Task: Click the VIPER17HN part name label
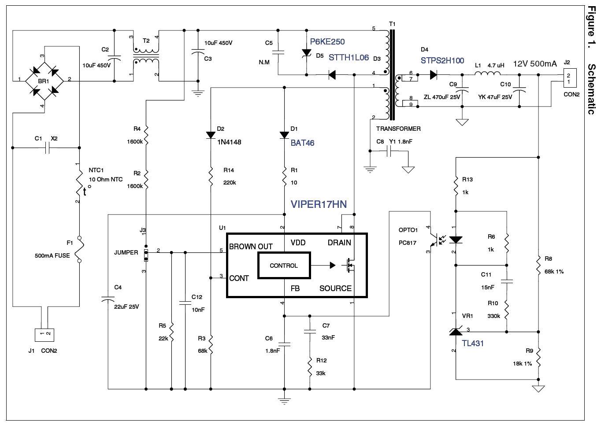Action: click(318, 204)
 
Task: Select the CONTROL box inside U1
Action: click(284, 266)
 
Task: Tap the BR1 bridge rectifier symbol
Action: click(44, 80)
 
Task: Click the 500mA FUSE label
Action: click(52, 255)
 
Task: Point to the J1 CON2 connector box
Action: click(45, 335)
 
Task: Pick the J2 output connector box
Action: click(568, 79)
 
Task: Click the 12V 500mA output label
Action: click(535, 63)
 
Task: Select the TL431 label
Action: click(472, 344)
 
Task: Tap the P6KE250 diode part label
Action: click(327, 42)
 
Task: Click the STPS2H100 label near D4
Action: click(442, 60)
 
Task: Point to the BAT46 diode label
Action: click(302, 143)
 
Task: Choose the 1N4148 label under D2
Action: click(229, 142)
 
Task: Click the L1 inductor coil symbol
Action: click(489, 74)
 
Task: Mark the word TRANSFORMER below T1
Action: click(398, 129)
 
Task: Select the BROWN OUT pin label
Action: click(251, 247)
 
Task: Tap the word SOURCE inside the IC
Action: click(335, 288)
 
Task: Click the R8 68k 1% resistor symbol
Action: click(538, 265)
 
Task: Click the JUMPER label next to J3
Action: click(126, 252)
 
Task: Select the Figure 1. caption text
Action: click(591, 26)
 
